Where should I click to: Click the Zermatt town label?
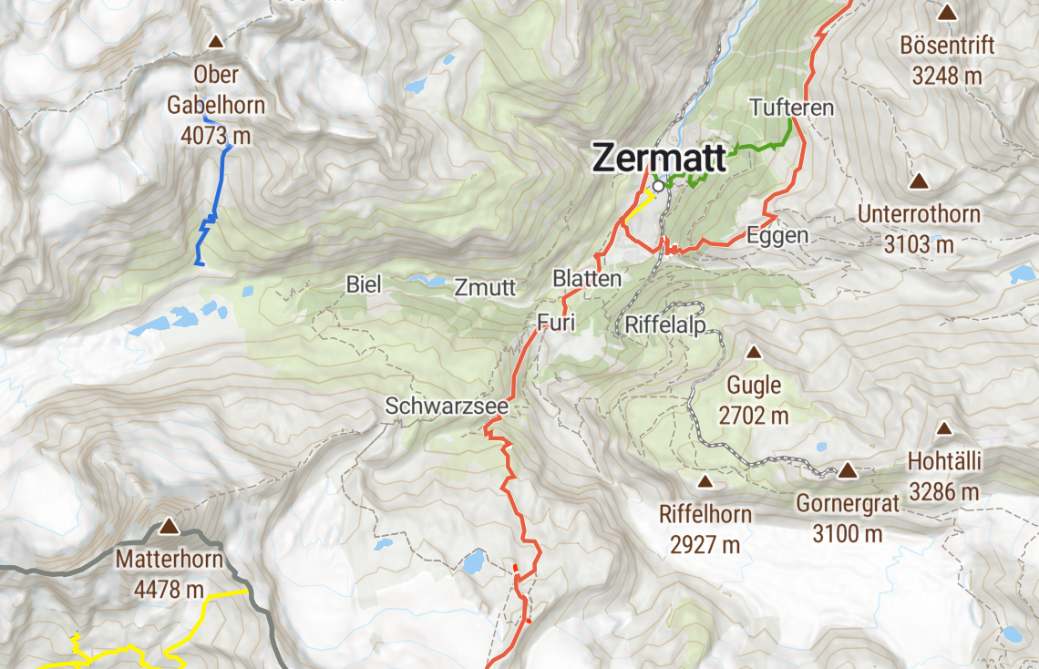coord(658,157)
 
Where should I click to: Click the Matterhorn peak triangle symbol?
coord(169,526)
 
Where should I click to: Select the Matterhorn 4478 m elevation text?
coord(169,590)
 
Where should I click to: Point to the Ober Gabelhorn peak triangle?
coord(216,41)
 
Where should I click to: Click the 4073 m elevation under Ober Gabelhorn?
coord(216,136)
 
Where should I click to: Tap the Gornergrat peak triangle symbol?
coord(848,470)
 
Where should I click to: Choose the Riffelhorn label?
coord(705,514)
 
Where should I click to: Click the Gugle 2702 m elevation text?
coord(753,416)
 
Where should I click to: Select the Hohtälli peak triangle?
coord(944,428)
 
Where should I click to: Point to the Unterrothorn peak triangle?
coord(919,181)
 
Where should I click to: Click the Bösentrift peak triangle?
coord(947,13)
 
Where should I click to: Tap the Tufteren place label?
coord(791,108)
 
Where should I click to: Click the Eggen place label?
coord(777,235)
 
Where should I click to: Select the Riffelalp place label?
coord(665,324)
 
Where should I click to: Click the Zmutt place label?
coord(486,288)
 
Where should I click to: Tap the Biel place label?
coord(363,283)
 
